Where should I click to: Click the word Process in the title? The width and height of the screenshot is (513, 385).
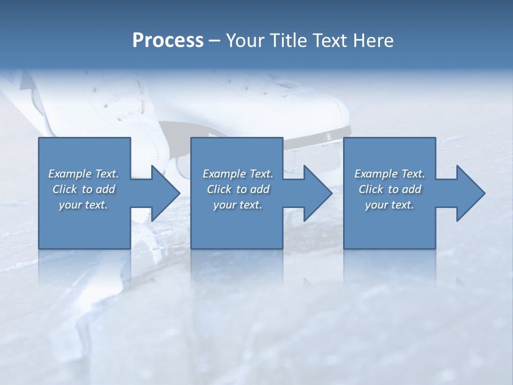(x=168, y=41)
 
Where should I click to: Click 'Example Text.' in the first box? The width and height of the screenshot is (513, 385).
(x=83, y=174)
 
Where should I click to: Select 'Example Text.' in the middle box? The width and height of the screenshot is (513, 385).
(x=238, y=174)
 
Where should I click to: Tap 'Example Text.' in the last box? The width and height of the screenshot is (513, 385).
(x=390, y=174)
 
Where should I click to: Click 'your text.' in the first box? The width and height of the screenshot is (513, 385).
(x=83, y=205)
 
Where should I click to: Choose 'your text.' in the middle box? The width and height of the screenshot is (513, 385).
(x=238, y=205)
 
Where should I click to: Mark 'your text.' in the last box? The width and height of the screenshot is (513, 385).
(x=390, y=205)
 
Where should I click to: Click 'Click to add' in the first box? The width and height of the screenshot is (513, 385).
(x=83, y=189)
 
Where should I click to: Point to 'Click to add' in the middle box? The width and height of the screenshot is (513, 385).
(x=238, y=189)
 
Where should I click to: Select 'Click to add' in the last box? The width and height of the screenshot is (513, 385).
(x=390, y=189)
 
